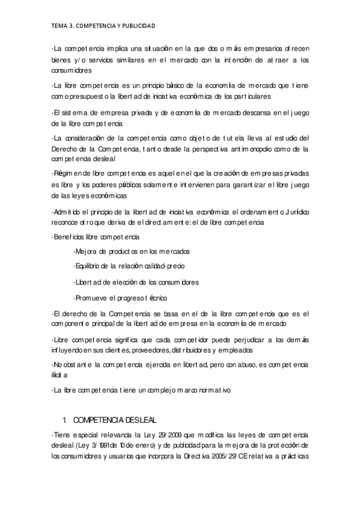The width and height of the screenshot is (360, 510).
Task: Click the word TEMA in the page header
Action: click(59, 26)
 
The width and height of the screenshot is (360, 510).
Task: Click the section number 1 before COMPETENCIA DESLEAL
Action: click(64, 419)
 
